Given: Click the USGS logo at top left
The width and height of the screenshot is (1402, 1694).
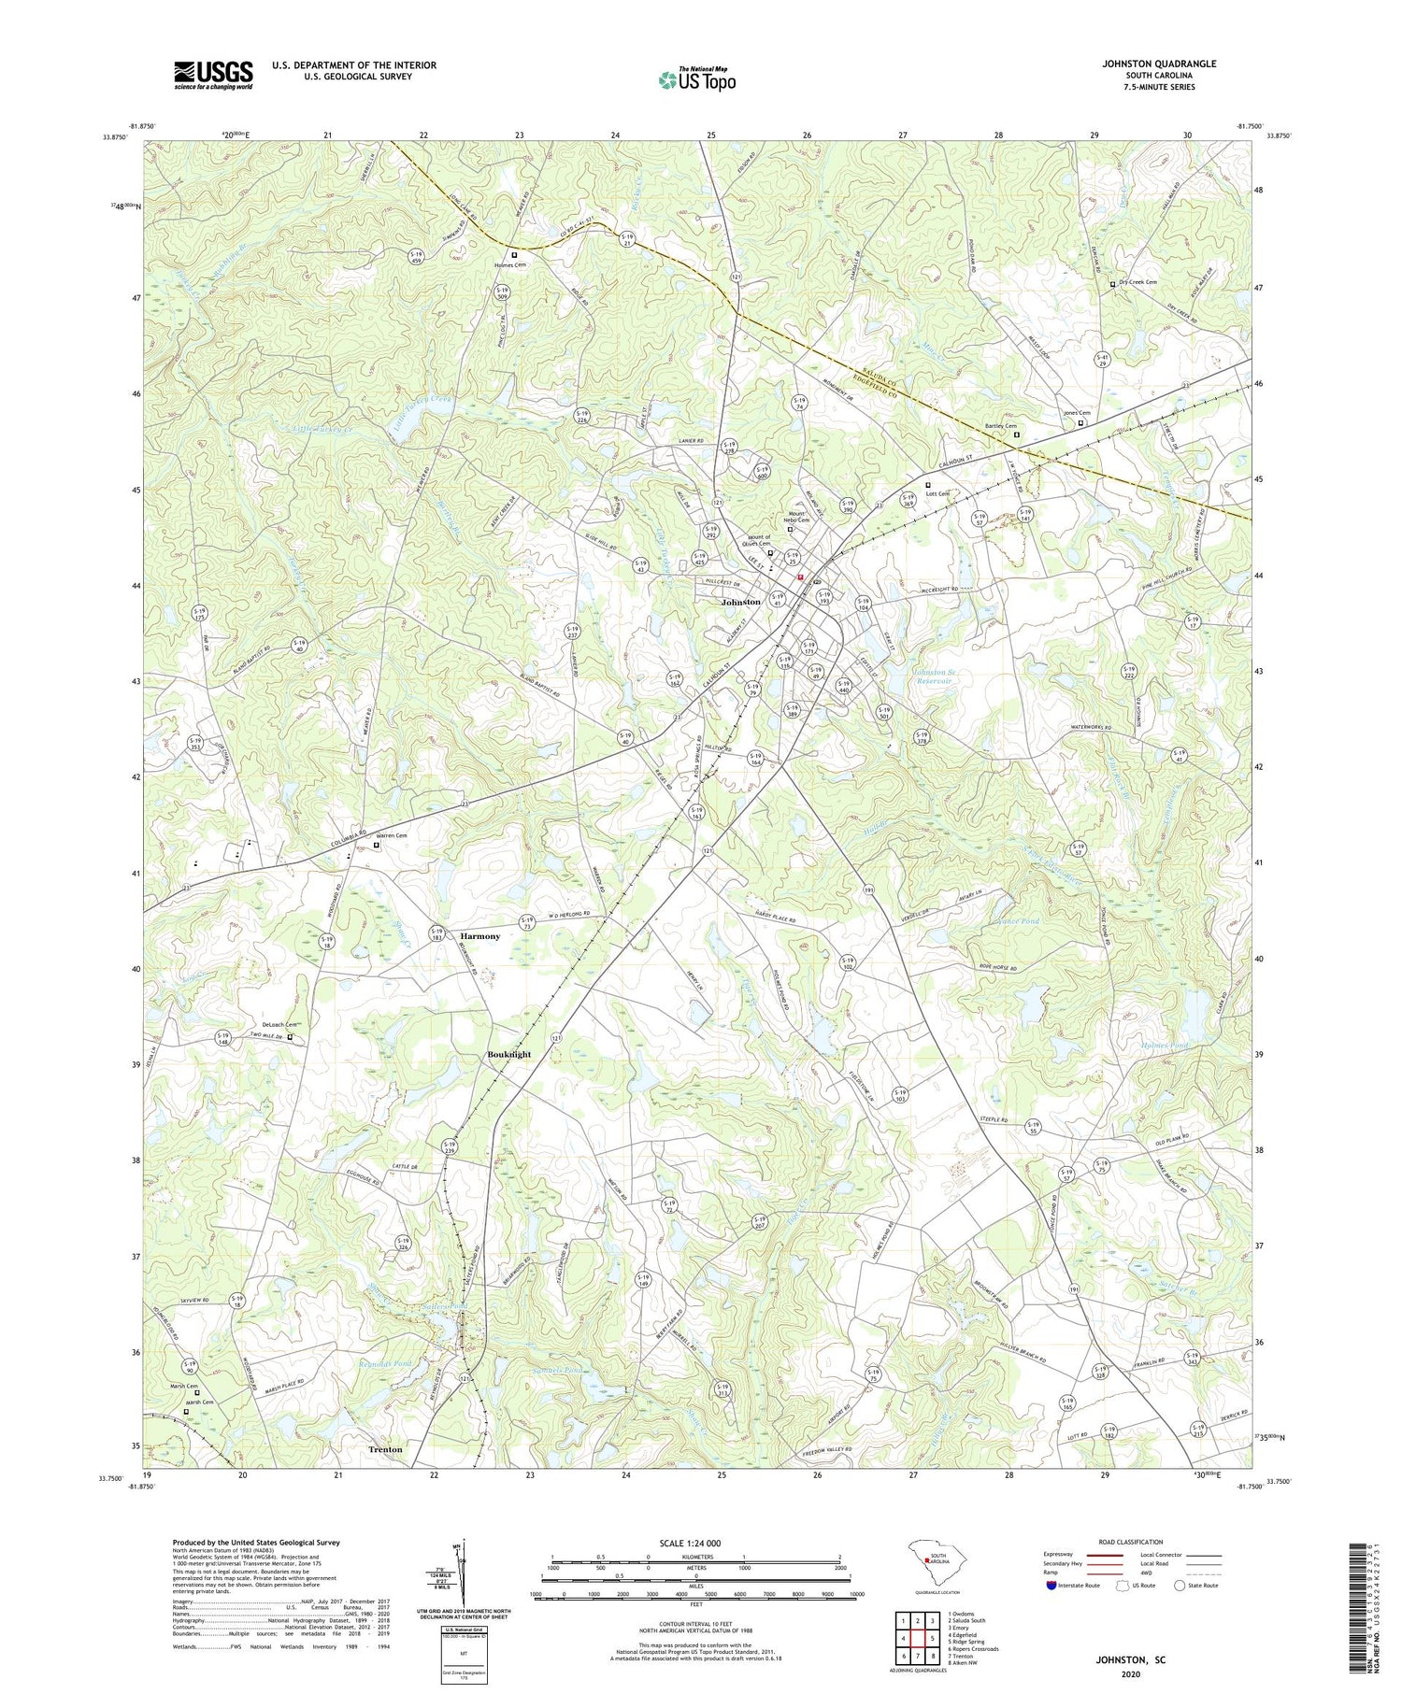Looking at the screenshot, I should (213, 75).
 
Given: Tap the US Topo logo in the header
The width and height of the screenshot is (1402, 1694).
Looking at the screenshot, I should (696, 80).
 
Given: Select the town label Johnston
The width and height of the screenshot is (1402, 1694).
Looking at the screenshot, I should (740, 603).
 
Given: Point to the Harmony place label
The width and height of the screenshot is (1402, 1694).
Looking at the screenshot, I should (479, 936).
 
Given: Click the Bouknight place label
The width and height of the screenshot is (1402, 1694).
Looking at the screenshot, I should (508, 1054).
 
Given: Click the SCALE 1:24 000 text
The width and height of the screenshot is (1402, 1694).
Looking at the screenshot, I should (695, 1543).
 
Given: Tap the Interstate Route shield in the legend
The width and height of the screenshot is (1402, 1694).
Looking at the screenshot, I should (1051, 1586).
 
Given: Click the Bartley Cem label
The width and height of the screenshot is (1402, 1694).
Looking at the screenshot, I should (999, 426).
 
